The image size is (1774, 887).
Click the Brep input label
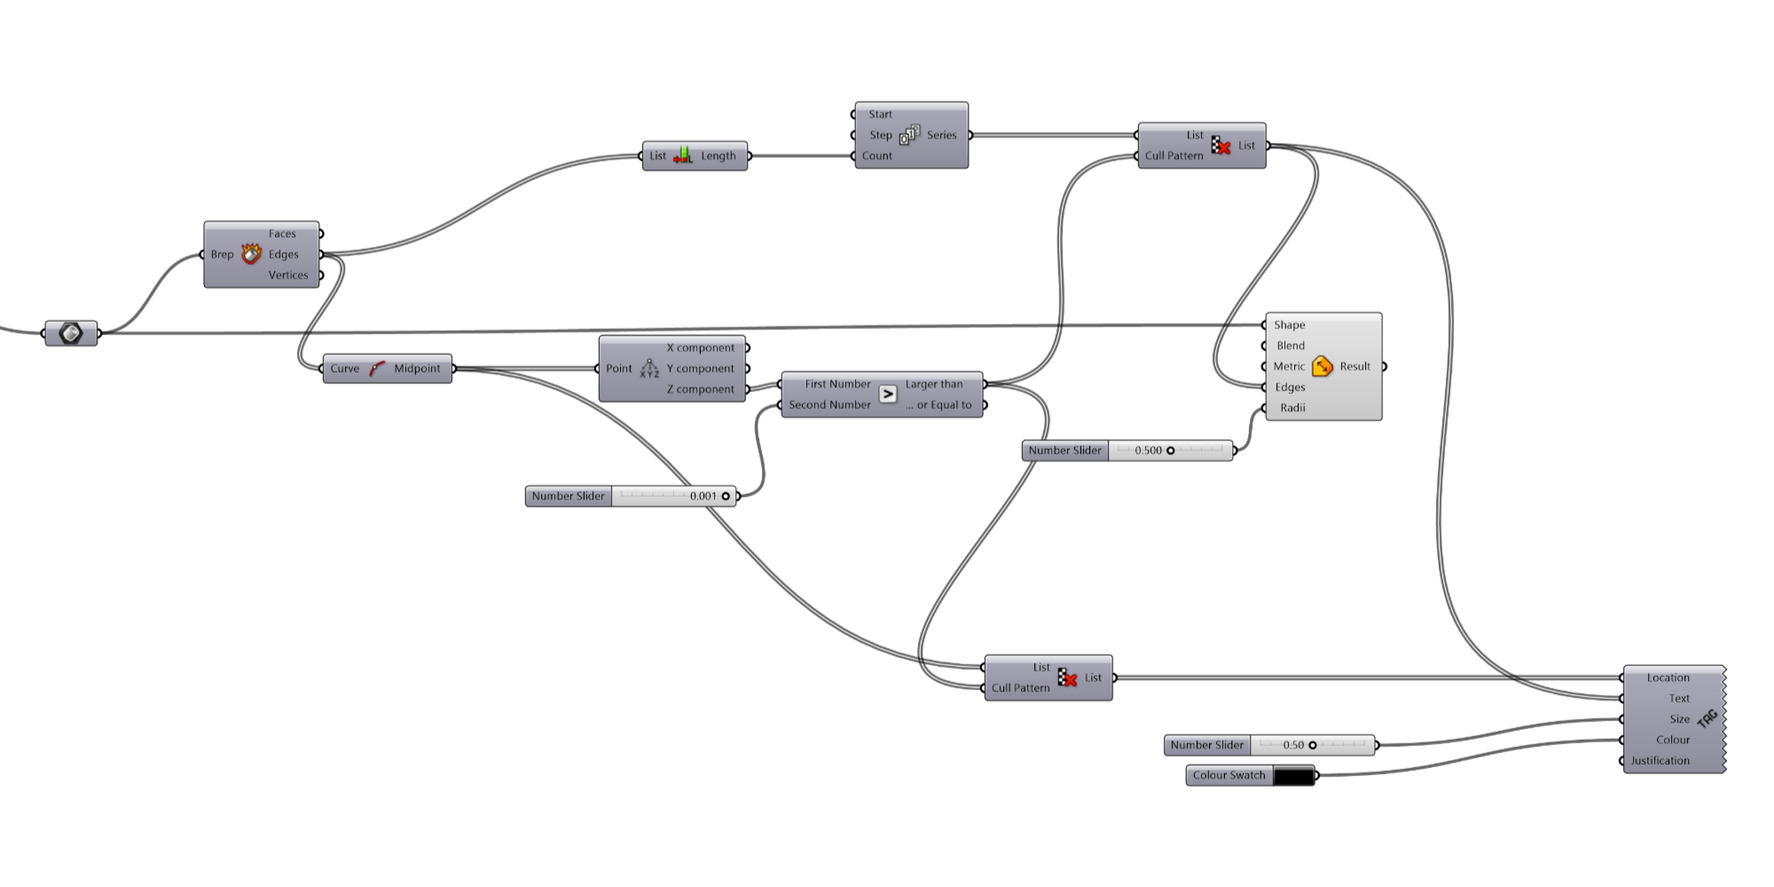(222, 255)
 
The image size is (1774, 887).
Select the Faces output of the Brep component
(282, 234)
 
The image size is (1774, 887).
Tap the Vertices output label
(288, 275)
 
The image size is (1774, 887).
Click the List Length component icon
(683, 156)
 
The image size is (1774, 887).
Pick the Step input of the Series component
(880, 136)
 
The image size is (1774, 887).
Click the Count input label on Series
(877, 156)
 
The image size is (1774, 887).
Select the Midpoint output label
(417, 369)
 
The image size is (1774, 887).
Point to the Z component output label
(700, 389)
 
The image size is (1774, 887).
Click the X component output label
(700, 348)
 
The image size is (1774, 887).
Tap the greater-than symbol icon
(888, 394)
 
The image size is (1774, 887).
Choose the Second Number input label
(829, 405)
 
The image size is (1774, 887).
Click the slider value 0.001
(703, 497)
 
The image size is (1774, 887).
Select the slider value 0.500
(1148, 451)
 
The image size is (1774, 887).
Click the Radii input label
(1292, 408)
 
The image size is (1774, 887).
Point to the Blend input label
(1291, 346)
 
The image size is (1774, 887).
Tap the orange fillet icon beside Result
(1322, 366)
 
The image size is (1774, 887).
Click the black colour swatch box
(1293, 776)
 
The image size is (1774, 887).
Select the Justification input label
(1660, 761)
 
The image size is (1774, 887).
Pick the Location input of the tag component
(1668, 678)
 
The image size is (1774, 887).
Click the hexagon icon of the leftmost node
(71, 334)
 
